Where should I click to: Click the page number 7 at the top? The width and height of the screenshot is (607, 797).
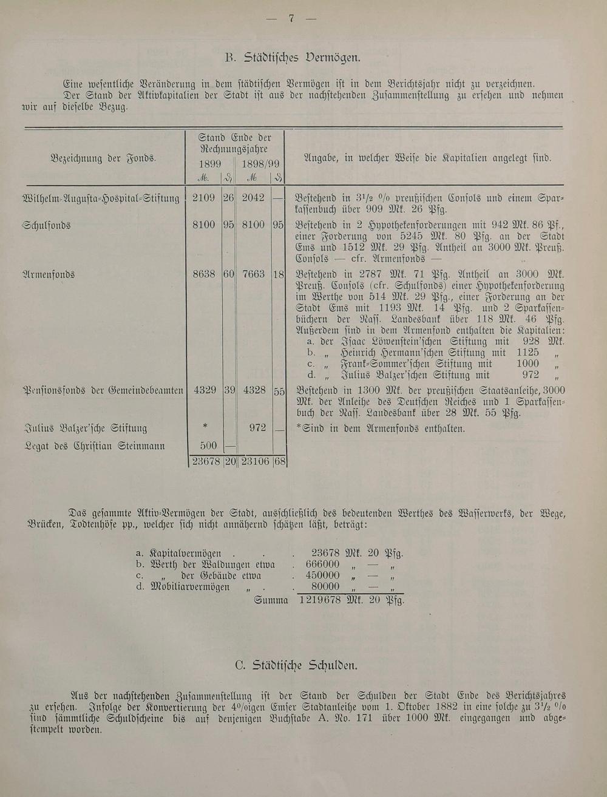tap(291, 18)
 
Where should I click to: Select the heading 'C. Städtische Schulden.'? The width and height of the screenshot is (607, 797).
tap(296, 665)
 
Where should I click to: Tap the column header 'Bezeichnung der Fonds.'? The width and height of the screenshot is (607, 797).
tap(103, 158)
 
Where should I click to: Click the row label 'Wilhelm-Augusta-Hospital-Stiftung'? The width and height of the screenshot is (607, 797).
tap(101, 198)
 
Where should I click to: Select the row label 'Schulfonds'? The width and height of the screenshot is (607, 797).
tap(47, 225)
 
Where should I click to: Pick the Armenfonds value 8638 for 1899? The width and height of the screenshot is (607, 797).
tap(203, 274)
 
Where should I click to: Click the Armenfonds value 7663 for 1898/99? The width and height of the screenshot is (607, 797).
tap(253, 274)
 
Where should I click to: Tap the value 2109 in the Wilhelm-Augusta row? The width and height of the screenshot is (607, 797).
tap(203, 198)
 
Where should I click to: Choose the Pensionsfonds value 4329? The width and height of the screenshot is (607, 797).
tap(205, 390)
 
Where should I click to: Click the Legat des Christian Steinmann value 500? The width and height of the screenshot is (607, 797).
tap(208, 446)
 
